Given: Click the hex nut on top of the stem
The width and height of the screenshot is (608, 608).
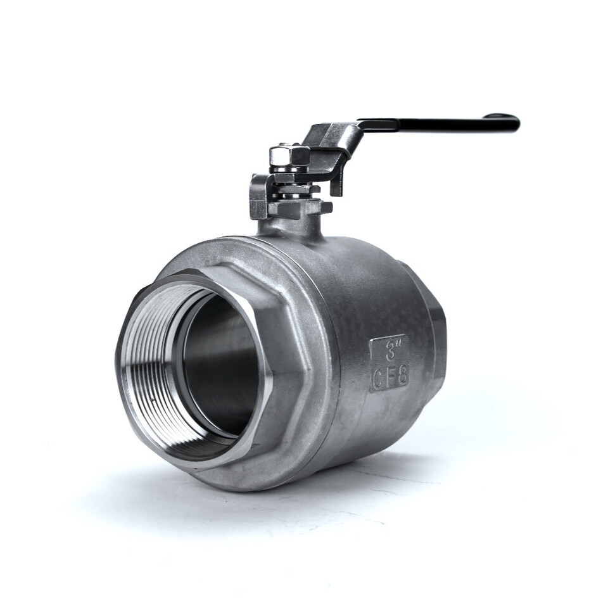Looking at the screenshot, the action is (x=289, y=155).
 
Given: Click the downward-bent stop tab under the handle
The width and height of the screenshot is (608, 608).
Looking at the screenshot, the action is (x=336, y=182).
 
